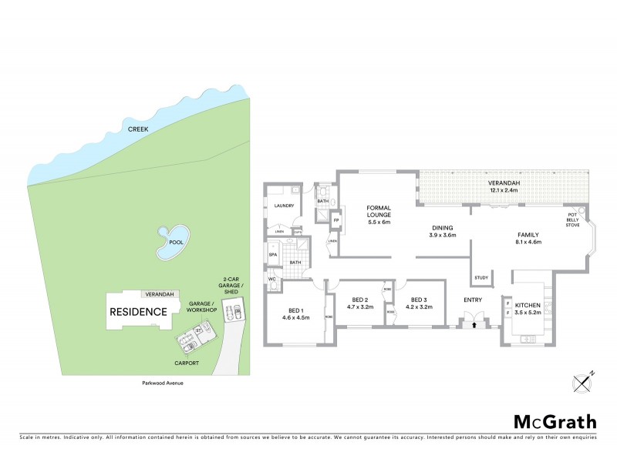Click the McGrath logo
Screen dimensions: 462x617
(x=555, y=421)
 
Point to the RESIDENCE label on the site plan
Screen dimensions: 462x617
(x=138, y=312)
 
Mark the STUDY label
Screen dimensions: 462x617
(x=481, y=278)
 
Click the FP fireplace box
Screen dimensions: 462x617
(x=335, y=221)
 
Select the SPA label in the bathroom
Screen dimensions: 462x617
(x=272, y=255)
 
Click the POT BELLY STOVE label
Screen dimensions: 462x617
(x=572, y=219)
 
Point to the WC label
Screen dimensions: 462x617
(x=271, y=280)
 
